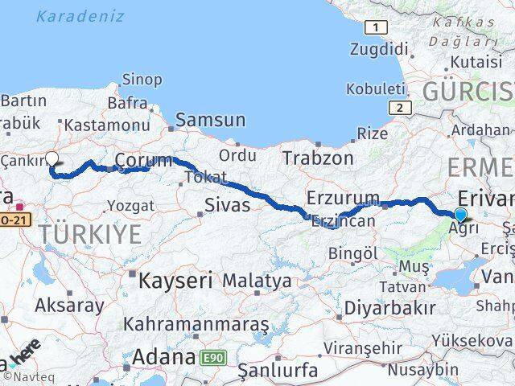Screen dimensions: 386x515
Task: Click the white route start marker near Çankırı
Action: pyautogui.click(x=51, y=158)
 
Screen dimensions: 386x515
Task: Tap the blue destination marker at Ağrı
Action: pyautogui.click(x=460, y=215)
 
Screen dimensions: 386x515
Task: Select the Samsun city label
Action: pyautogui.click(x=210, y=120)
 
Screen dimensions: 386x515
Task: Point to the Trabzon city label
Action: pyautogui.click(x=317, y=158)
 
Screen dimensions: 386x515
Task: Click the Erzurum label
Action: pyautogui.click(x=343, y=197)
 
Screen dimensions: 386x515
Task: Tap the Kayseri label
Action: pyautogui.click(x=175, y=281)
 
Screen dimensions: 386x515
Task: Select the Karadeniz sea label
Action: pyautogui.click(x=80, y=16)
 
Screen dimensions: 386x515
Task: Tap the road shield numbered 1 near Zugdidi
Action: pyautogui.click(x=374, y=28)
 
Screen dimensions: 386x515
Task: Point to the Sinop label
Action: pyautogui.click(x=137, y=79)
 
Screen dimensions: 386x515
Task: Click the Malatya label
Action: pyautogui.click(x=257, y=281)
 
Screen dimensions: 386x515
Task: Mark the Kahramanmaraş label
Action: pyautogui.click(x=196, y=324)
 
